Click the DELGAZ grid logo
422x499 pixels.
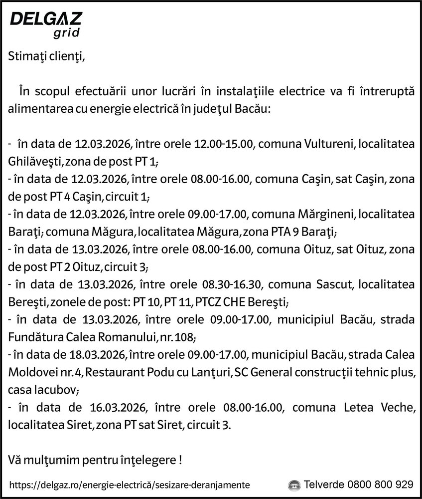[x=46, y=25]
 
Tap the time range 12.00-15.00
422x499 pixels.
[x=224, y=145]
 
